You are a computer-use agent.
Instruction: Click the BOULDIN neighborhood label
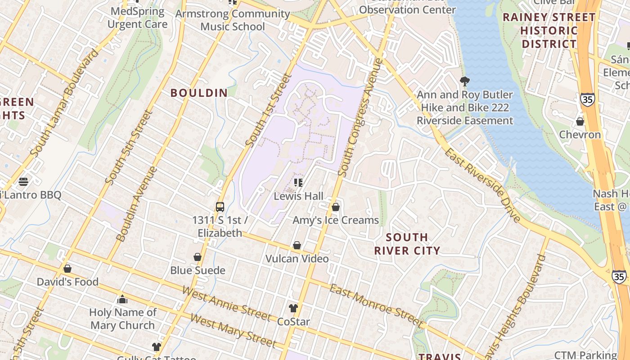click(x=199, y=93)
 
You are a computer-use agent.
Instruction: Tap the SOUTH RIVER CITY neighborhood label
click(x=407, y=244)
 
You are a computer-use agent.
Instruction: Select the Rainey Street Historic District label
click(x=549, y=31)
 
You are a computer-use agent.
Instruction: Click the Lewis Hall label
click(x=298, y=196)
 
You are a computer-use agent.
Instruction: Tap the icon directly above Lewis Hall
click(x=298, y=183)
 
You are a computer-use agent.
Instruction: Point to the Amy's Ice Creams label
click(x=336, y=220)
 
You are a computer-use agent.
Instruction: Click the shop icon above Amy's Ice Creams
click(x=335, y=207)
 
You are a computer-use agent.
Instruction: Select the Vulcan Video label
click(x=297, y=259)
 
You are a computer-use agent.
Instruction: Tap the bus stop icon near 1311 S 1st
click(x=220, y=207)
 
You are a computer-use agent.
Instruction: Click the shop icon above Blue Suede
click(x=197, y=257)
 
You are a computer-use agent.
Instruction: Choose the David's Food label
click(x=67, y=282)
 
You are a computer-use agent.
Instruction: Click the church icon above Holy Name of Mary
click(x=122, y=300)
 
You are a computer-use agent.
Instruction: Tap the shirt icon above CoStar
click(x=293, y=308)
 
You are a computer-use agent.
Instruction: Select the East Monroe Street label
click(x=376, y=305)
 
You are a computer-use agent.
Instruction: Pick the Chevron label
click(x=580, y=135)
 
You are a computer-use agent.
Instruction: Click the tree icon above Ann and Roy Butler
click(x=465, y=81)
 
